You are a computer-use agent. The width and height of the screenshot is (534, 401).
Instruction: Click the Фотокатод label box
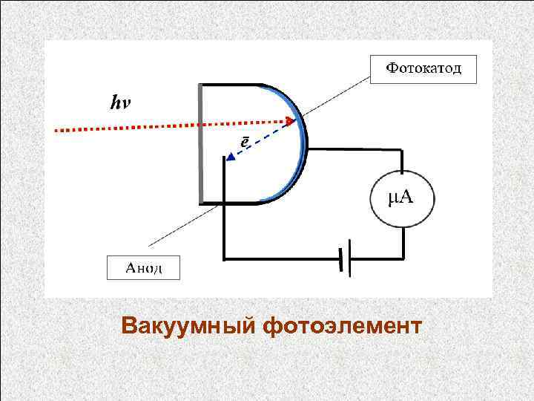423,69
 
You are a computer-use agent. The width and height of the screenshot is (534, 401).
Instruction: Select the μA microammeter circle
401,197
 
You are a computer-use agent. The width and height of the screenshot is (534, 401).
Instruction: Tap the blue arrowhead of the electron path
231,157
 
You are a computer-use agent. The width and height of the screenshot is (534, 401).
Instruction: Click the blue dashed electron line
260,139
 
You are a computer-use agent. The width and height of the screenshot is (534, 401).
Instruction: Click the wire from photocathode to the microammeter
356,150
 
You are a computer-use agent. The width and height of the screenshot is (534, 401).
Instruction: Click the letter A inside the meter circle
409,197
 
